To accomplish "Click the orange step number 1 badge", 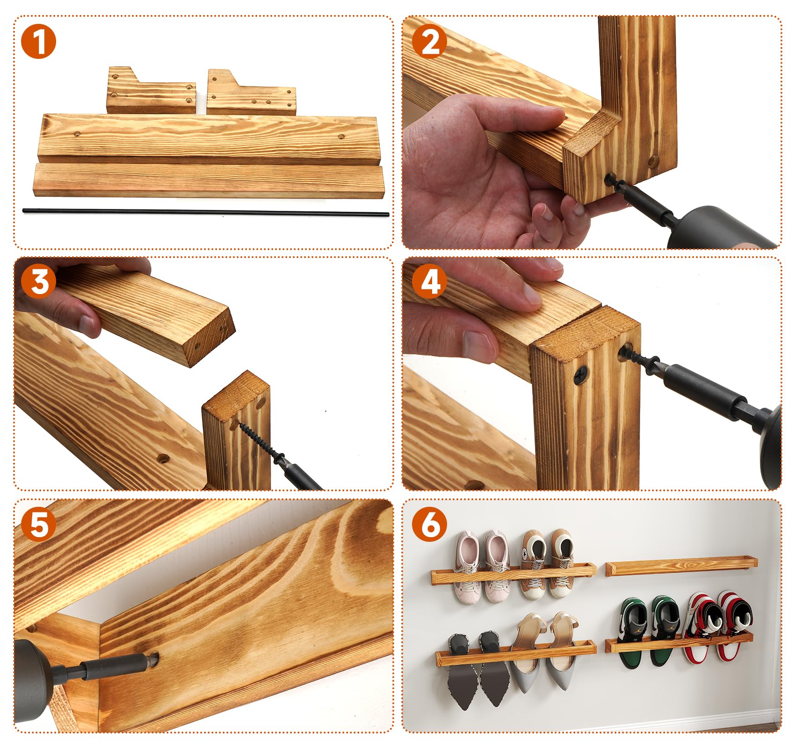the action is pyautogui.click(x=38, y=42).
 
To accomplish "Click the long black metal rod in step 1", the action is pyautogui.click(x=206, y=212).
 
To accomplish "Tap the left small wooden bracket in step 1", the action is pyautogui.click(x=151, y=90).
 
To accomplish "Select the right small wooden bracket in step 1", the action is pyautogui.click(x=252, y=93).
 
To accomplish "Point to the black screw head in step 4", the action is pyautogui.click(x=581, y=373).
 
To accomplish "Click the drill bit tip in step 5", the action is pyautogui.click(x=153, y=659).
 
